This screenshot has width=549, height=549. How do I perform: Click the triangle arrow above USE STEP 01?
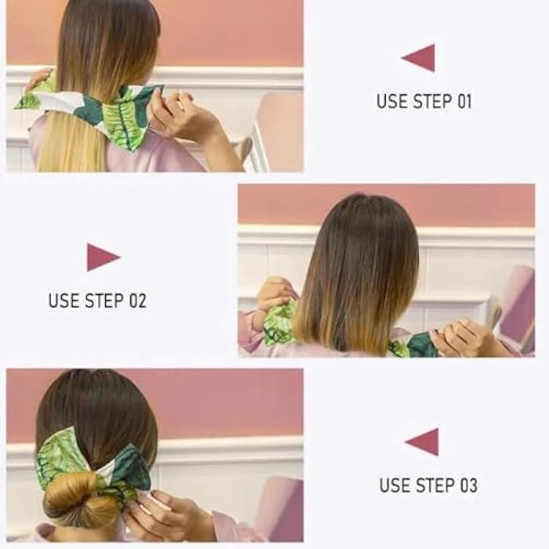point(420,58)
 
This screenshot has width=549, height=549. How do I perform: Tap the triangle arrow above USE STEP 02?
point(102,257)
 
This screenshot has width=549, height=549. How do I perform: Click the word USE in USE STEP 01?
point(391,101)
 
